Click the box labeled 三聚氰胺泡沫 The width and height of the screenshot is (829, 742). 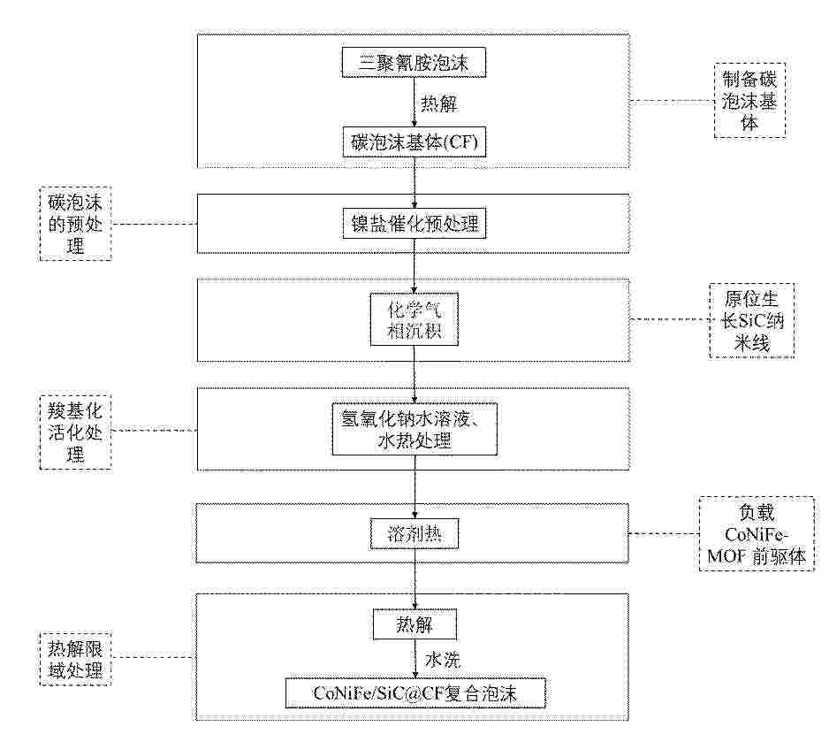[414, 63]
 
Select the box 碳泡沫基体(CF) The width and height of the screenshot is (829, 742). [414, 142]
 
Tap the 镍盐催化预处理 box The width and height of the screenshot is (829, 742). [414, 224]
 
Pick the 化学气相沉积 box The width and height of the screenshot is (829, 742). [414, 319]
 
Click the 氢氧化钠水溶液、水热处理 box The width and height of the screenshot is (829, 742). [414, 429]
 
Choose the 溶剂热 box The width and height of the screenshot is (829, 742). [414, 534]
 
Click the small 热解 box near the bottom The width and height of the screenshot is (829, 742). [414, 624]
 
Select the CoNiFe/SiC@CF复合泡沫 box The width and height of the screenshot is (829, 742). [415, 692]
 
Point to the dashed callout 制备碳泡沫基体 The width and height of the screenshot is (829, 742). [749, 101]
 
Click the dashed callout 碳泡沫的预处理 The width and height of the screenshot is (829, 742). [75, 223]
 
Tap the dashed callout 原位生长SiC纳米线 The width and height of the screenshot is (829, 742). [751, 321]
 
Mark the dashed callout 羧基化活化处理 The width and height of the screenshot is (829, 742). [75, 432]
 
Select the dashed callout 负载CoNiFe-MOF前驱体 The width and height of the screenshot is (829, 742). [756, 533]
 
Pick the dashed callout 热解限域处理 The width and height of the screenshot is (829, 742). [75, 659]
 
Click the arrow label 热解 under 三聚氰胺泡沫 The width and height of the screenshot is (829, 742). [439, 103]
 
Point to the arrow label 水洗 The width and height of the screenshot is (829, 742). [443, 660]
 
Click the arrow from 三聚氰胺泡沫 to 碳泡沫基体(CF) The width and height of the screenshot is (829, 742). [414, 102]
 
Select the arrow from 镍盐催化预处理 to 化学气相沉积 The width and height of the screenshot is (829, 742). [414, 265]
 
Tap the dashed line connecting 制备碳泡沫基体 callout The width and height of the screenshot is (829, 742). [672, 102]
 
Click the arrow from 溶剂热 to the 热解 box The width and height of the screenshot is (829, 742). [414, 579]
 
